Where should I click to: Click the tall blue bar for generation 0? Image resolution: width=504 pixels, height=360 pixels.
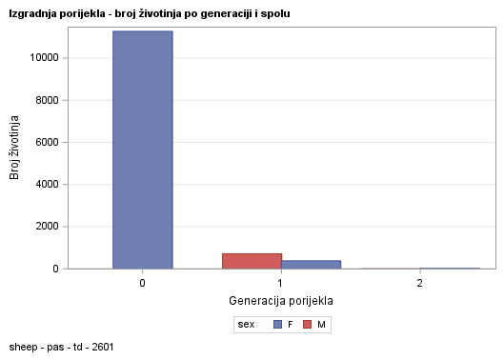coord(142,150)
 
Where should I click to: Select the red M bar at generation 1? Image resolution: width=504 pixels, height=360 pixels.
coord(252,261)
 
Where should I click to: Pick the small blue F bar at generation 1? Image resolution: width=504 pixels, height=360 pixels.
coord(311,264)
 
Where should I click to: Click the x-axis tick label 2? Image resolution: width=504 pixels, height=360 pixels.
coord(420,284)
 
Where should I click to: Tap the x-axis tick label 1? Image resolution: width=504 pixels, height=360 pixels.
coord(280,284)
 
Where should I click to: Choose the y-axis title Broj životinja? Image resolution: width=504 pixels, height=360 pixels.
coord(15,148)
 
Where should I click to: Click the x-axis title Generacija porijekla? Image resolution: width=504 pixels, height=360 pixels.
coord(280,301)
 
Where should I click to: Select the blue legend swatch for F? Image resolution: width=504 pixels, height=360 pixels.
coord(277,325)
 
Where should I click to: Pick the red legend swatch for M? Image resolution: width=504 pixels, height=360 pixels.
coord(308,325)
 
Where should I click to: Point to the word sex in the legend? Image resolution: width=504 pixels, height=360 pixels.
coord(246,325)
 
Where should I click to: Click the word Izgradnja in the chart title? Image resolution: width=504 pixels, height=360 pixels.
coord(30,14)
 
